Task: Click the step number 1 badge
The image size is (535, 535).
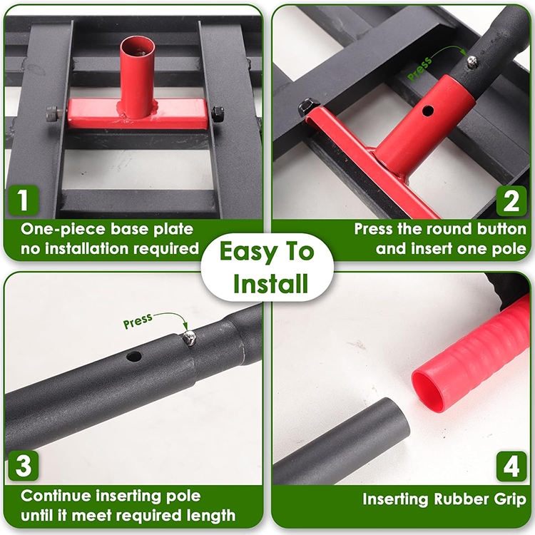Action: point(23,200)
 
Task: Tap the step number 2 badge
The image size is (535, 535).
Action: point(511,200)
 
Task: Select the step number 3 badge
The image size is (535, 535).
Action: point(24,465)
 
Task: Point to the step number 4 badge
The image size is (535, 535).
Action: point(511,466)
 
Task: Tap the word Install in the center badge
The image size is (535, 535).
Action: point(270,284)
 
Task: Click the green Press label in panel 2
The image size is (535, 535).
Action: point(419,69)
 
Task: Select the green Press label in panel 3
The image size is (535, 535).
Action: point(138,321)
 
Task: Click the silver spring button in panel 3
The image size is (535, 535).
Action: point(189,338)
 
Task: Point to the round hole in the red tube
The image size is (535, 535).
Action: point(427,111)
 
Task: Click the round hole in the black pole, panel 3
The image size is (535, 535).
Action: point(134,357)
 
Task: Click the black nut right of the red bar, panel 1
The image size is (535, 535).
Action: point(218,113)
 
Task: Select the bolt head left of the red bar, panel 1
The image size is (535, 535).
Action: point(53,113)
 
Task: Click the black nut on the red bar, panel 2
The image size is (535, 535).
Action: point(307,106)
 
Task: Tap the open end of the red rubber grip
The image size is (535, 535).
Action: point(429,387)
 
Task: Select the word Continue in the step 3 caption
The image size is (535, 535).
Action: point(56,496)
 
